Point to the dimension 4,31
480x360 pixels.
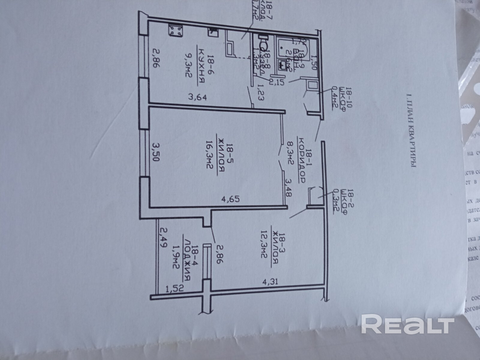pos(268,282)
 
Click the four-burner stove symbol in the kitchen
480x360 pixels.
pos(175,30)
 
